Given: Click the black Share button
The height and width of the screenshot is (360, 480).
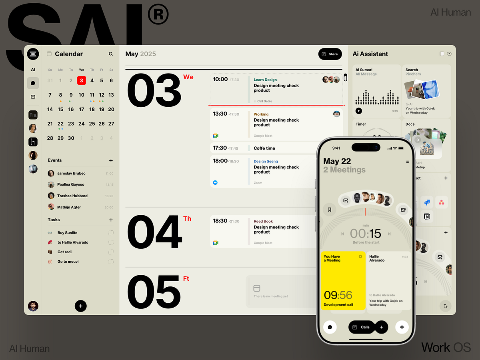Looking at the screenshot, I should tap(330, 54).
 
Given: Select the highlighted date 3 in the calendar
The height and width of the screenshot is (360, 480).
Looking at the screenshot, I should tap(81, 80).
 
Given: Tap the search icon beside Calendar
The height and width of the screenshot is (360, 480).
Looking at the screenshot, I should tap(111, 54).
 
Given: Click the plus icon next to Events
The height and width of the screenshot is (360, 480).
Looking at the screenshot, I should tap(111, 160).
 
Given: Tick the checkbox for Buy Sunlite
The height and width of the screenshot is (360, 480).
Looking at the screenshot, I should tap(111, 233).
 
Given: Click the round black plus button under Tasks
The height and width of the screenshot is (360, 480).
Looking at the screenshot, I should tap(80, 306).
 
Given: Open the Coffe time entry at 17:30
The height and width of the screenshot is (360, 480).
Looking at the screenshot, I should tap(264, 148).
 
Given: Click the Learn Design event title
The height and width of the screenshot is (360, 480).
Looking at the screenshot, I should tap(265, 80).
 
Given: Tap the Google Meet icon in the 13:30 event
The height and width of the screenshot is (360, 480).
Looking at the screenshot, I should tap(216, 136).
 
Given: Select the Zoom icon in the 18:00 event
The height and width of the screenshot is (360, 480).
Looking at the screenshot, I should tap(215, 182).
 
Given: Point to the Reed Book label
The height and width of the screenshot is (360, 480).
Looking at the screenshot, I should tap(263, 221).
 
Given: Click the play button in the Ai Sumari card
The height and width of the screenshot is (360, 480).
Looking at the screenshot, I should tap(359, 111).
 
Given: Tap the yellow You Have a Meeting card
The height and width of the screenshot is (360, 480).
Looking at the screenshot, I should tap(343, 280).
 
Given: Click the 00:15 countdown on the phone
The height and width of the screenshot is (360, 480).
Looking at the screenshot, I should tap(366, 234).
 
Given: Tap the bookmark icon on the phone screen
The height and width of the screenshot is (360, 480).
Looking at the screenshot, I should tap(330, 209).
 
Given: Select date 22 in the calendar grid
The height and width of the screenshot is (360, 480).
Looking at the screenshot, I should tap(60, 124).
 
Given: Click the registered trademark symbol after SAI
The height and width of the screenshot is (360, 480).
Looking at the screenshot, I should tap(158, 14).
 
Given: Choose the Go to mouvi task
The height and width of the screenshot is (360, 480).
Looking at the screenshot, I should tap(68, 262).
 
